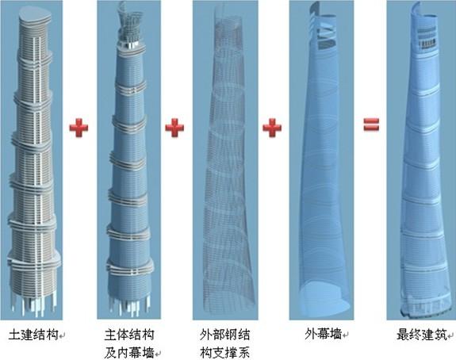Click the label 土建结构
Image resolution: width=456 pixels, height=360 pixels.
pyautogui.click(x=33, y=335)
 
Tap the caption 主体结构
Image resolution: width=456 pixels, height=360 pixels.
pyautogui.click(x=128, y=335)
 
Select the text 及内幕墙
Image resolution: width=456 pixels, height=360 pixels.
pyautogui.click(x=128, y=353)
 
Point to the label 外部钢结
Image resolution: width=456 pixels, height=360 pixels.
pyautogui.click(x=224, y=335)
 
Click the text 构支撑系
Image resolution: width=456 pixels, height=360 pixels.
pyautogui.click(x=224, y=353)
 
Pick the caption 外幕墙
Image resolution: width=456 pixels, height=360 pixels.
pyautogui.click(x=323, y=335)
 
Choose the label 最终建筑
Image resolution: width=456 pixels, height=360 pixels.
pyautogui.click(x=421, y=335)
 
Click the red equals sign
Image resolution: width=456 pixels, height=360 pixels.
pyautogui.click(x=371, y=124)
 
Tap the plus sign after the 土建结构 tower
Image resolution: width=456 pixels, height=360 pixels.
pyautogui.click(x=79, y=128)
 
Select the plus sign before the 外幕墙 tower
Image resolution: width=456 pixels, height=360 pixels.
pyautogui.click(x=272, y=128)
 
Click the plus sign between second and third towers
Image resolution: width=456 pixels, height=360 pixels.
pyautogui.click(x=174, y=128)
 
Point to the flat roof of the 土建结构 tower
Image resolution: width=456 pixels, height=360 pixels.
pyautogui.click(x=35, y=14)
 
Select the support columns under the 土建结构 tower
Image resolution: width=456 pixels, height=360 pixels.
pyautogui.click(x=33, y=305)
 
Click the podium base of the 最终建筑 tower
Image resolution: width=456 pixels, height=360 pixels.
pyautogui.click(x=423, y=305)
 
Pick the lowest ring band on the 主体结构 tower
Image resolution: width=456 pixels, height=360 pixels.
pyautogui.click(x=130, y=267)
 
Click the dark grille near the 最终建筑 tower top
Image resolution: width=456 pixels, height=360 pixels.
pyautogui.click(x=427, y=44)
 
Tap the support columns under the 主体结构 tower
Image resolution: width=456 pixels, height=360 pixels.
pyautogui.click(x=130, y=306)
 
